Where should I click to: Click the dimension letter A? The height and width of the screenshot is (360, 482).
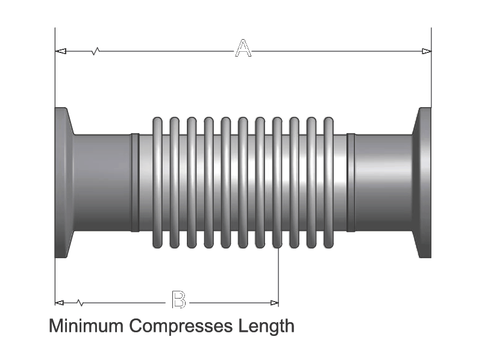tap(243, 49)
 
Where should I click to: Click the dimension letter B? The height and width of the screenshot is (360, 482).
tap(178, 300)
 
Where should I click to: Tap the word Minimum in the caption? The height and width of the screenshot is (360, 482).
tap(86, 326)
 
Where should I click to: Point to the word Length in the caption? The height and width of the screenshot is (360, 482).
tap(267, 326)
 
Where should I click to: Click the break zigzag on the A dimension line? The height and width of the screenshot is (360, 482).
tap(95, 51)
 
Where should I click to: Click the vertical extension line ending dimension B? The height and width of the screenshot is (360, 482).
tap(278, 277)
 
